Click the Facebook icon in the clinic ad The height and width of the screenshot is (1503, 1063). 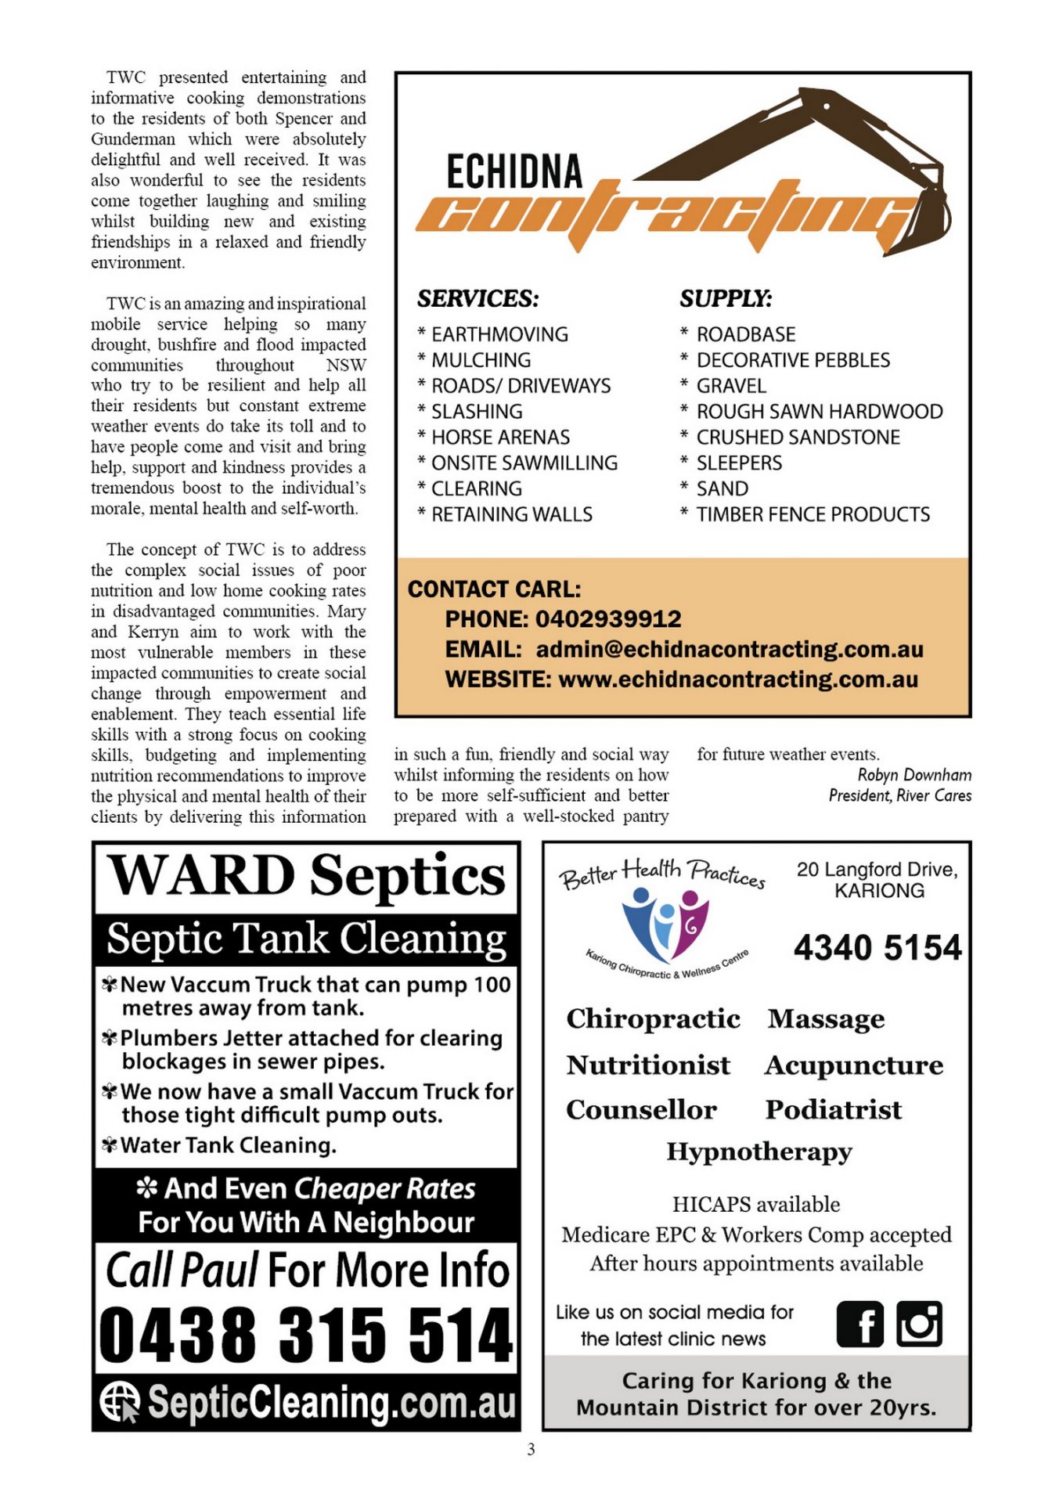[859, 1325]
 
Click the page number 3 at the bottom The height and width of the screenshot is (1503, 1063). [531, 1450]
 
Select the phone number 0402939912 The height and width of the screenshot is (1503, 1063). [608, 619]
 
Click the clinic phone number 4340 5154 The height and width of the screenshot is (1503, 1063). [877, 948]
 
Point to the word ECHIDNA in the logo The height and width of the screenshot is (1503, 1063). [514, 172]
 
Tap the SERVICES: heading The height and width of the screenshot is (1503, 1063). [477, 299]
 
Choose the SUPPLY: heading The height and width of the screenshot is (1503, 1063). [725, 299]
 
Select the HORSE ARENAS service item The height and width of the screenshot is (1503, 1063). [500, 438]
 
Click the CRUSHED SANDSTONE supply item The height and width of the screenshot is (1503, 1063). [798, 438]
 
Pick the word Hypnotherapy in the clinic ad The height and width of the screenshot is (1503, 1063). [759, 1152]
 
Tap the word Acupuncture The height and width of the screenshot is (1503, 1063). [854, 1065]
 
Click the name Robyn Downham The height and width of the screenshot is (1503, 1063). [914, 775]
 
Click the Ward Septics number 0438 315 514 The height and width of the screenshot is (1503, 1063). [306, 1334]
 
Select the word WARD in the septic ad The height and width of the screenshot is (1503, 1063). [201, 876]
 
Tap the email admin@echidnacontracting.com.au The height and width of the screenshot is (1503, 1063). [730, 650]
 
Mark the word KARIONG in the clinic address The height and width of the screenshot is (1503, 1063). [879, 891]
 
